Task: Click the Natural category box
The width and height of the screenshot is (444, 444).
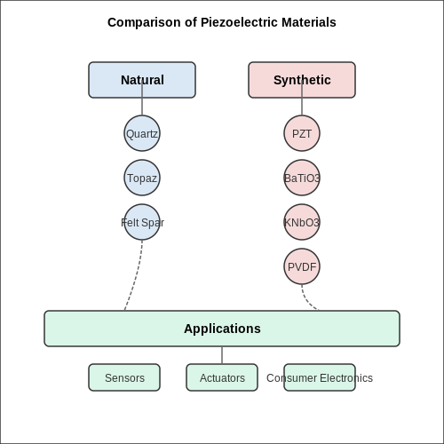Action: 142,80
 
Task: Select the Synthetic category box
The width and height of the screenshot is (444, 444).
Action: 302,80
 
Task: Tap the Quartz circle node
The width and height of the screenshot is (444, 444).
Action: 142,133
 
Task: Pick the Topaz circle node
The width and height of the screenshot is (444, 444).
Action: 142,178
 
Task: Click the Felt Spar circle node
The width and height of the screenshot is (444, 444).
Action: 142,222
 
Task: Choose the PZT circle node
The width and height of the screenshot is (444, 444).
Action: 302,133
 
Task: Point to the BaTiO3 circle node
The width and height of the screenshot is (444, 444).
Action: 302,178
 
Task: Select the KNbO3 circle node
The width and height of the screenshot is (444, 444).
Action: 302,222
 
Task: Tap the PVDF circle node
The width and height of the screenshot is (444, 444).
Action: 302,266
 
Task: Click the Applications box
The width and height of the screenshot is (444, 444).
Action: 222,329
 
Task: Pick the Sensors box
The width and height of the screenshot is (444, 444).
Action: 124,377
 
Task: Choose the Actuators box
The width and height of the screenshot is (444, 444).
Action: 222,377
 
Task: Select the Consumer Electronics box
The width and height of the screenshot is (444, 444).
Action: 320,377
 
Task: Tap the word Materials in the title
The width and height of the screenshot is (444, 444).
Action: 309,22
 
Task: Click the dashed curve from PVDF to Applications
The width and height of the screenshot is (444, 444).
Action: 305,301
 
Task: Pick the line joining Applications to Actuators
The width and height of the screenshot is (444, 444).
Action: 222,355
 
